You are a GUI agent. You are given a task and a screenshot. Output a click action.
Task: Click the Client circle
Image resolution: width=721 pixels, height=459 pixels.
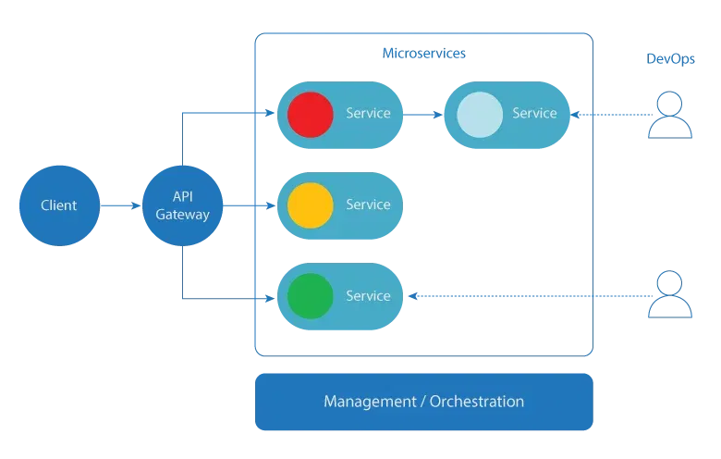[x=59, y=205]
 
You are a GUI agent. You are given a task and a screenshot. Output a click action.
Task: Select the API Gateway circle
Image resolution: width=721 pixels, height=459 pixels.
[x=183, y=205]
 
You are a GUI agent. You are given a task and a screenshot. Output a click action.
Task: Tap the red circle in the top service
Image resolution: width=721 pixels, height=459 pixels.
[x=310, y=114]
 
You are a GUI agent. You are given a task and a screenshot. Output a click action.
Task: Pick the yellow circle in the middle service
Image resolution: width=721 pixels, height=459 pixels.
[x=310, y=205]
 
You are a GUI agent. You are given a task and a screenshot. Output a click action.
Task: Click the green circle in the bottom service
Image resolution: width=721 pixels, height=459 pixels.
[x=310, y=296]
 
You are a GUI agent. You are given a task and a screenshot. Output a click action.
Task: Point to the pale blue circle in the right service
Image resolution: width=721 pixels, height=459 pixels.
[x=479, y=114]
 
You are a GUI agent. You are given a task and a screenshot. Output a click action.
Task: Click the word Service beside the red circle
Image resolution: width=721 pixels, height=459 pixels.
[x=368, y=114]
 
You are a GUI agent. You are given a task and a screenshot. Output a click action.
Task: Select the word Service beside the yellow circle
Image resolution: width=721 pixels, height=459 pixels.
[x=368, y=205]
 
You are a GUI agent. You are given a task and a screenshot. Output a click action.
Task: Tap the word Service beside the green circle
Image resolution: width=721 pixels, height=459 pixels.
[x=368, y=296]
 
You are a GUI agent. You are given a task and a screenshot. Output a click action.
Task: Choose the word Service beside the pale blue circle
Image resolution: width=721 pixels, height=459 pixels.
[x=534, y=114]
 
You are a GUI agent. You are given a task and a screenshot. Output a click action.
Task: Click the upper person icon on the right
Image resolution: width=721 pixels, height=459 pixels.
[x=669, y=116]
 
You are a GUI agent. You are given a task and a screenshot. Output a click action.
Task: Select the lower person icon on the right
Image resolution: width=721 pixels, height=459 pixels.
[x=669, y=293]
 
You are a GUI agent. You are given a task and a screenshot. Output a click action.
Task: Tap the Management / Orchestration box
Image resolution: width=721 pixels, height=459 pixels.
[x=423, y=402]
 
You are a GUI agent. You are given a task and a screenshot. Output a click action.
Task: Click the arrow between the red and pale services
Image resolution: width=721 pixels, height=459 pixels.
[x=423, y=115]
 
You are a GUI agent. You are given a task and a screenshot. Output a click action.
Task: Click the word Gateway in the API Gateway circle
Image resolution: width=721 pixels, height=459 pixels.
[x=183, y=215]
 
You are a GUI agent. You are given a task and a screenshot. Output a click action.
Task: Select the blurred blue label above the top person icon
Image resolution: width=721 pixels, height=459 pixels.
[x=669, y=59]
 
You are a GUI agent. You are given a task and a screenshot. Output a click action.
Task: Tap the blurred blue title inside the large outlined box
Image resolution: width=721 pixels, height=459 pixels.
[x=422, y=53]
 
